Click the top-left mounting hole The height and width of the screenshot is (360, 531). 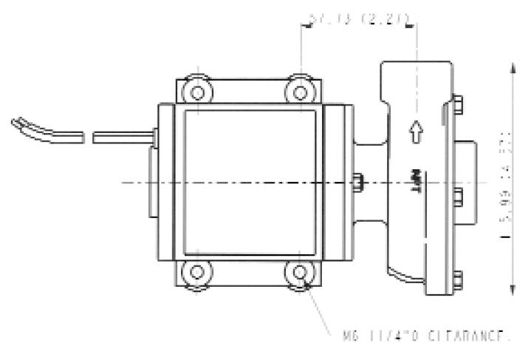196,92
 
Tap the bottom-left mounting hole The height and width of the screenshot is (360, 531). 196,272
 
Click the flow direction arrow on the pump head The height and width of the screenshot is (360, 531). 416,132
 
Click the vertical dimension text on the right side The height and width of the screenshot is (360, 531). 506,189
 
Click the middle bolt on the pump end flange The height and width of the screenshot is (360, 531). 459,195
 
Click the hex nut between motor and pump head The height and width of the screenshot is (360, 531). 359,182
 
